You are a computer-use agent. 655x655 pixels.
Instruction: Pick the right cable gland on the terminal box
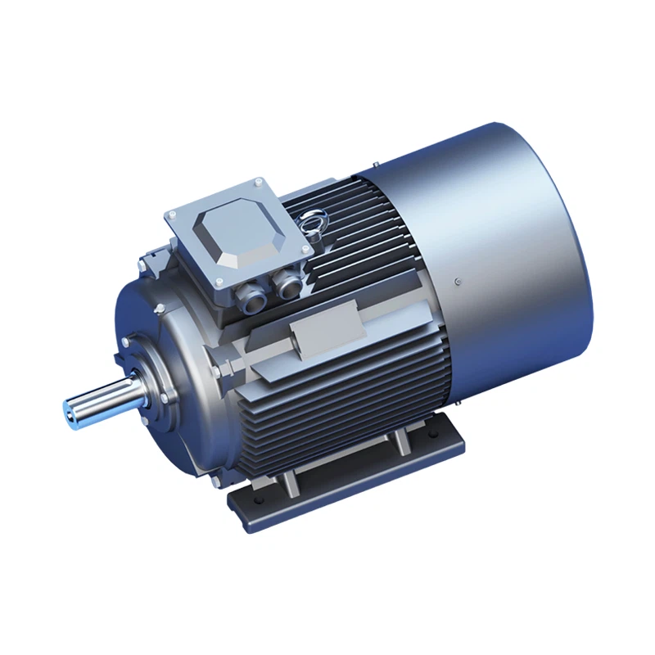(287, 284)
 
